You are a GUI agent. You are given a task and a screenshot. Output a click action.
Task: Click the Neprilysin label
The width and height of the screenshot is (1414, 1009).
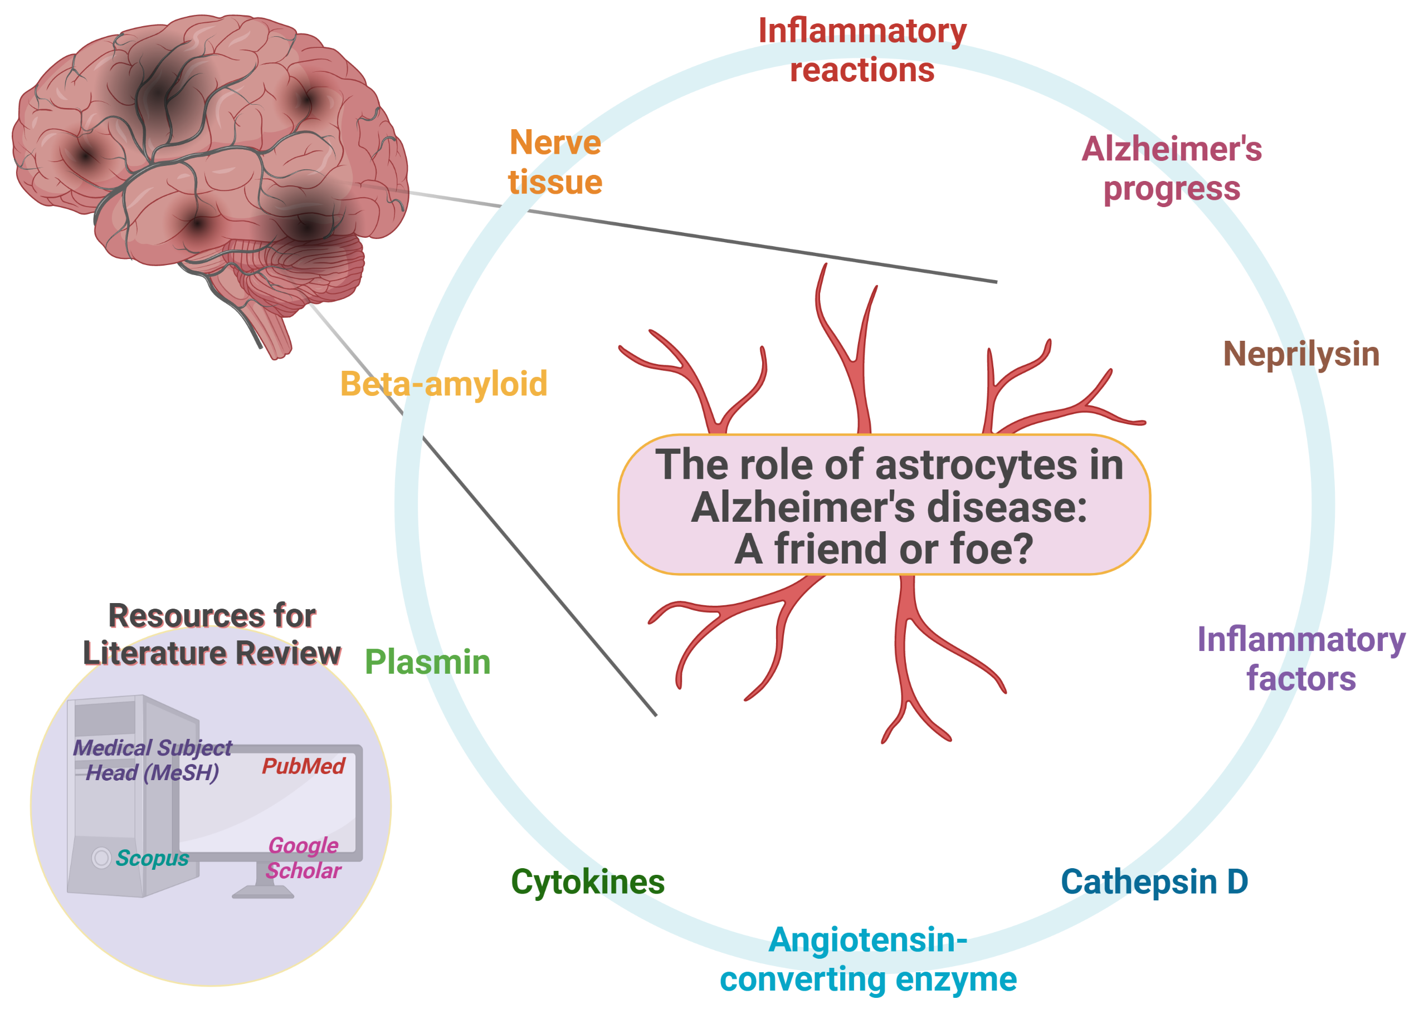point(1301,354)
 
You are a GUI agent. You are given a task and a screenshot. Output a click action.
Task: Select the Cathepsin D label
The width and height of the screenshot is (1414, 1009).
point(1154,881)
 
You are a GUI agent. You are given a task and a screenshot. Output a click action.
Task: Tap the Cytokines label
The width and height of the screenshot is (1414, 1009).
point(587,881)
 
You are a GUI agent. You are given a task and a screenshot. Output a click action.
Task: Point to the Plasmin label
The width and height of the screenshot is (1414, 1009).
point(428,662)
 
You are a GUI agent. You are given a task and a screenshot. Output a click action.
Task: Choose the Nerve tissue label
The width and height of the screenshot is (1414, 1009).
point(555,162)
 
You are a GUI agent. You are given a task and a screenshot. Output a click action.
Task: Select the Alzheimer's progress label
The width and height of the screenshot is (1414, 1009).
point(1172,168)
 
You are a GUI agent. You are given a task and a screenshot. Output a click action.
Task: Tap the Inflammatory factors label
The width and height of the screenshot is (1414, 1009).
point(1301,659)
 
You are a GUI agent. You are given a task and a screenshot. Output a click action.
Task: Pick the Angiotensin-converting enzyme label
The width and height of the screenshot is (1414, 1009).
point(868,959)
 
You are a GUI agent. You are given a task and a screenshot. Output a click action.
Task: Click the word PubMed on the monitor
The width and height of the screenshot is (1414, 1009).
point(303,766)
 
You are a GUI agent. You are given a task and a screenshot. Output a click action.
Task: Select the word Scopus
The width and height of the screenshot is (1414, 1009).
point(152,858)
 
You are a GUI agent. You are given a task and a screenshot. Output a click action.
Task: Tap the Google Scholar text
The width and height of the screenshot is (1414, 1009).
point(303,858)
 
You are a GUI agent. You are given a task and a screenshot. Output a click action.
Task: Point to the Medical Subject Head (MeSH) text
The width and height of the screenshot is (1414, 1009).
point(152,760)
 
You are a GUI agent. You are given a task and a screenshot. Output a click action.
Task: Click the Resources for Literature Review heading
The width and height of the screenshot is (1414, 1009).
point(212,634)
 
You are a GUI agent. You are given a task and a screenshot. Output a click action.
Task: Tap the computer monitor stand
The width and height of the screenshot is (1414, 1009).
point(264,882)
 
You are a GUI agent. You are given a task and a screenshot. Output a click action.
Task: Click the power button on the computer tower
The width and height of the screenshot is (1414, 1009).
point(101,858)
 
